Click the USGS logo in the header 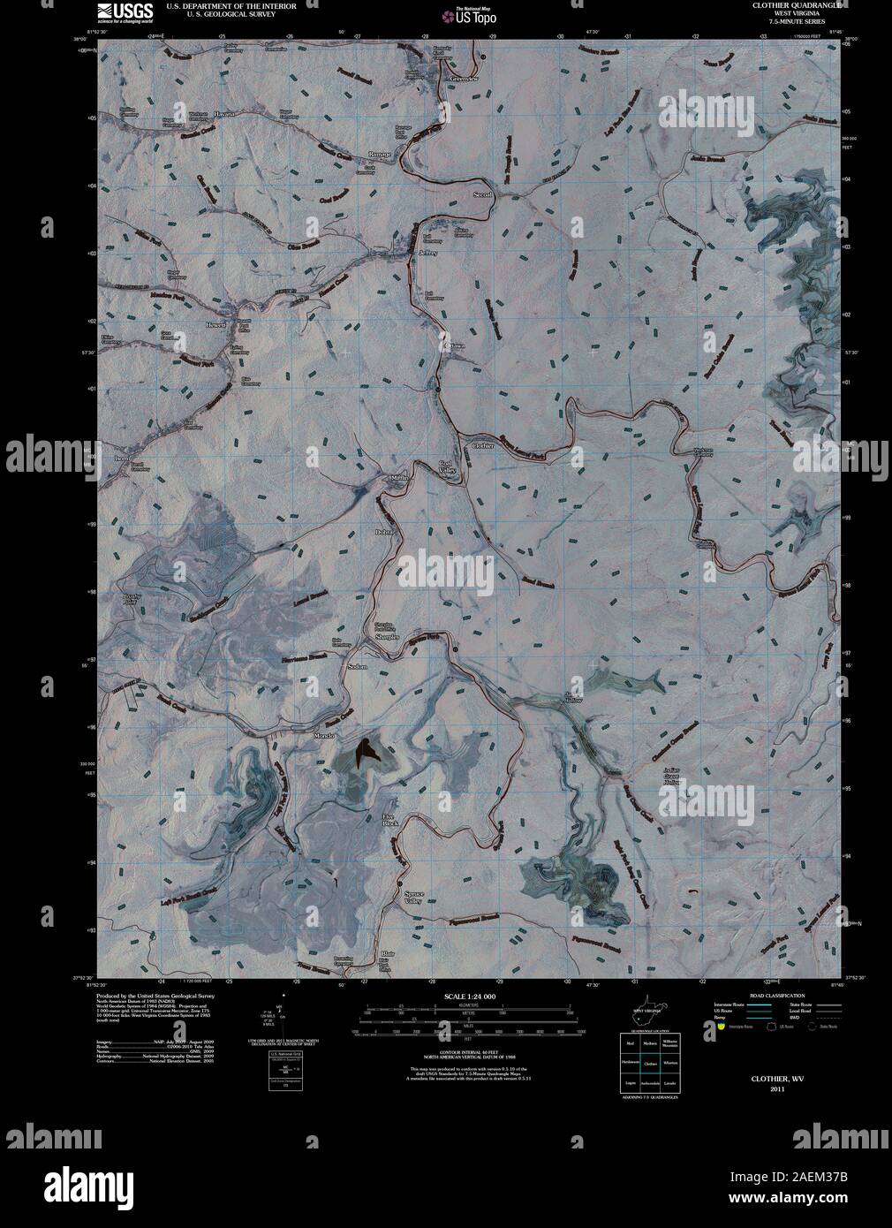[x=119, y=11]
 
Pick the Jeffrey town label [x=427, y=254]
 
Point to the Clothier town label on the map [x=482, y=446]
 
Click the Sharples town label [x=387, y=636]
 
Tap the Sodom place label [x=357, y=665]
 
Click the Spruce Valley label [x=413, y=898]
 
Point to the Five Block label [x=390, y=820]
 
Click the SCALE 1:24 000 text [x=466, y=996]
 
